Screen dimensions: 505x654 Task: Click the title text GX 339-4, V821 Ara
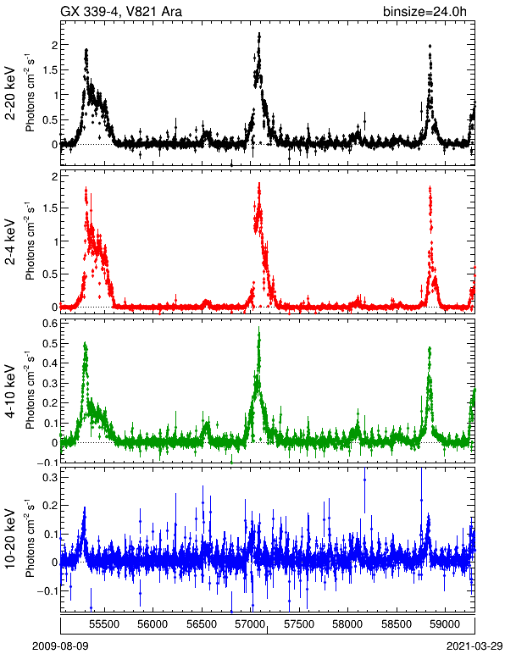pyautogui.click(x=121, y=11)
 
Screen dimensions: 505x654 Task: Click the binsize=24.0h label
pyautogui.click(x=425, y=11)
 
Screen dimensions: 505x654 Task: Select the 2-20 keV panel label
pyautogui.click(x=11, y=93)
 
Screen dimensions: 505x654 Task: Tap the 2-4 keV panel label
pyautogui.click(x=11, y=242)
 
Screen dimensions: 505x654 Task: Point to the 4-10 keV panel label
pyautogui.click(x=11, y=391)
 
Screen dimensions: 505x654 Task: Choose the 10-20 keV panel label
pyautogui.click(x=11, y=539)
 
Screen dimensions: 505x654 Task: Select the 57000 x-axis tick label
pyautogui.click(x=250, y=624)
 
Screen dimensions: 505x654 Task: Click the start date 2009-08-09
pyautogui.click(x=60, y=646)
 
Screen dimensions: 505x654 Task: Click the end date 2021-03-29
pyautogui.click(x=474, y=646)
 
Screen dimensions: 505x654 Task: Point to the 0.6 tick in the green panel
pyautogui.click(x=50, y=324)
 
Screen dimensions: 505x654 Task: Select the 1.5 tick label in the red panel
pyautogui.click(x=50, y=208)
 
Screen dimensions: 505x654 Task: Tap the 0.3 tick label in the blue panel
pyautogui.click(x=50, y=477)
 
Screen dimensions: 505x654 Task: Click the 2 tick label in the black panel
pyautogui.click(x=54, y=45)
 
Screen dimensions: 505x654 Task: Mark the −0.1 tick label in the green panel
pyautogui.click(x=47, y=463)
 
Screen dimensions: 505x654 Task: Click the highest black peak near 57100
pyautogui.click(x=259, y=36)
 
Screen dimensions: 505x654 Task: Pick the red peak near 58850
pyautogui.click(x=430, y=189)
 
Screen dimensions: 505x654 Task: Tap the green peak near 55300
pyautogui.click(x=85, y=345)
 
